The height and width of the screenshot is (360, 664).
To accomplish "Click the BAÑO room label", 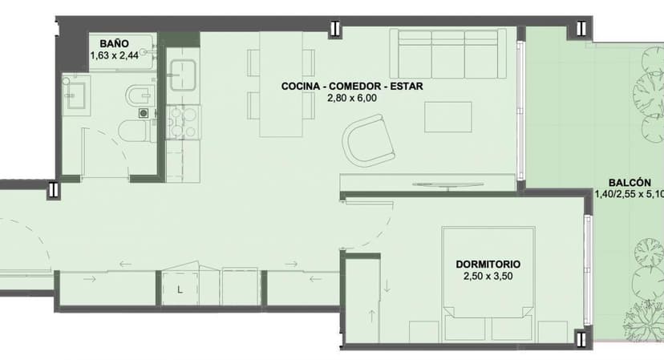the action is click(114, 43).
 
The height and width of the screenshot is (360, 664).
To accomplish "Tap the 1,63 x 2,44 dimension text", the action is click(115, 55).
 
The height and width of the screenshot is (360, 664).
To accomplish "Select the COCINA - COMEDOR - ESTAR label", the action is click(352, 86).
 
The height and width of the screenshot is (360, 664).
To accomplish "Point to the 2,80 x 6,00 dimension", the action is click(352, 99).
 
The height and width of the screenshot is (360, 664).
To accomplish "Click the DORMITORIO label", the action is click(488, 265).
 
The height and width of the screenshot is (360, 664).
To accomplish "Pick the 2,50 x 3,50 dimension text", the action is click(488, 277).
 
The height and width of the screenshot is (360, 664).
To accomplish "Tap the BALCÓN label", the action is click(630, 183).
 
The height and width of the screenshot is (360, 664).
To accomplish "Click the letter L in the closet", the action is click(180, 290).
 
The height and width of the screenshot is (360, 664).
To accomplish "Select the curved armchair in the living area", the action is click(369, 141).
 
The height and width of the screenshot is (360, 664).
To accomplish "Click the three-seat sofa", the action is click(448, 54).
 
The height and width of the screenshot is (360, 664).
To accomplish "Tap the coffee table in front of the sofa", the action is click(448, 117).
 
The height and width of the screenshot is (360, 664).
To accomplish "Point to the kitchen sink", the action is click(183, 75).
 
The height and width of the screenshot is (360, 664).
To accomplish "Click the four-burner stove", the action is click(183, 122).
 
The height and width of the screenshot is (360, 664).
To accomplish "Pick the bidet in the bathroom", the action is click(141, 95).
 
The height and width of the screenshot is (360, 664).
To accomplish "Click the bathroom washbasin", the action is click(76, 95).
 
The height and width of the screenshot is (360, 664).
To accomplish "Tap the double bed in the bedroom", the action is click(488, 284).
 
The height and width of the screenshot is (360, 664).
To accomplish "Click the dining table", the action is click(281, 84).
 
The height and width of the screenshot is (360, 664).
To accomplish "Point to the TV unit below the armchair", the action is click(427, 182).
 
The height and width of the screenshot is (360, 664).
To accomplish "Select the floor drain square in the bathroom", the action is click(144, 113).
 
